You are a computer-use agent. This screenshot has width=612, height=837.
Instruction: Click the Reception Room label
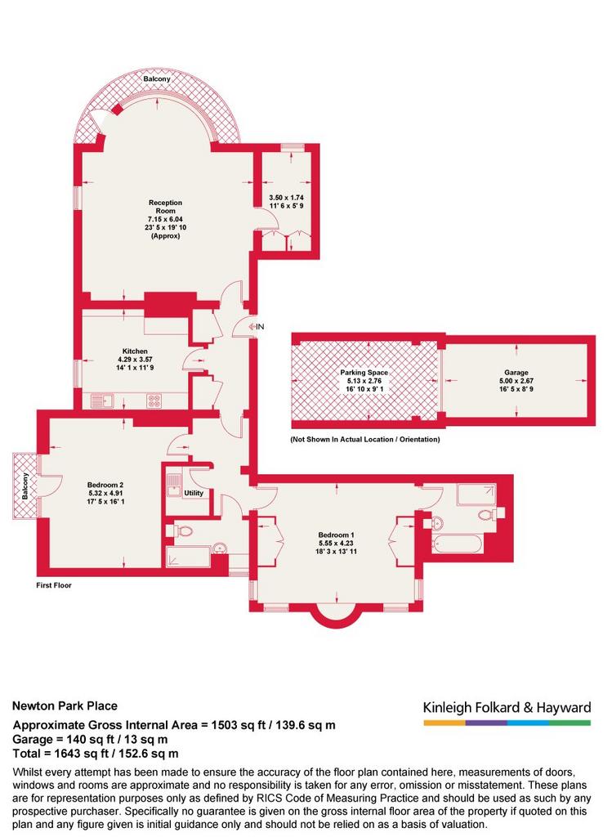click(x=165, y=207)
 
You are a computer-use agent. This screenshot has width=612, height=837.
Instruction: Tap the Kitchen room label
click(x=135, y=351)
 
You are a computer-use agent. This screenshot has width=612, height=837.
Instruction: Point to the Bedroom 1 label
click(x=336, y=535)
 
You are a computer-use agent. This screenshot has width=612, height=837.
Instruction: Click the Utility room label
click(x=194, y=493)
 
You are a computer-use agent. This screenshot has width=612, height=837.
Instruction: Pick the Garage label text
click(x=516, y=373)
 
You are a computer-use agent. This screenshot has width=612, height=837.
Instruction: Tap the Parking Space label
click(x=364, y=373)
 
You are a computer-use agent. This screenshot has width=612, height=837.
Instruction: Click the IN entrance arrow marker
click(x=256, y=327)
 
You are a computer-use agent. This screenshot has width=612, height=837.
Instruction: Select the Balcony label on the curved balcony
click(x=157, y=79)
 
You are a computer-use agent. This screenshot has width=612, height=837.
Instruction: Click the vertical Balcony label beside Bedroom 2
click(x=25, y=486)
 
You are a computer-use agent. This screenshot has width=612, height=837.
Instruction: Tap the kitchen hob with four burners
click(x=154, y=401)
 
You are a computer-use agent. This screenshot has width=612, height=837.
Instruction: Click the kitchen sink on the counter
click(x=103, y=401)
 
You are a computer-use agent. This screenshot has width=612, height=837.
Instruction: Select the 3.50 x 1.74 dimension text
click(x=287, y=198)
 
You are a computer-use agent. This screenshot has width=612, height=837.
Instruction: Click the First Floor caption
click(x=54, y=585)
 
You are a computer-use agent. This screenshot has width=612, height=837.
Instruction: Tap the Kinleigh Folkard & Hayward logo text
click(x=507, y=708)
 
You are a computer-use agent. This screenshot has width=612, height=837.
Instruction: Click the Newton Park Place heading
click(x=65, y=705)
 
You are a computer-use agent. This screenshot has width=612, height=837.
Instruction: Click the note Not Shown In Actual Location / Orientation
click(x=365, y=440)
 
